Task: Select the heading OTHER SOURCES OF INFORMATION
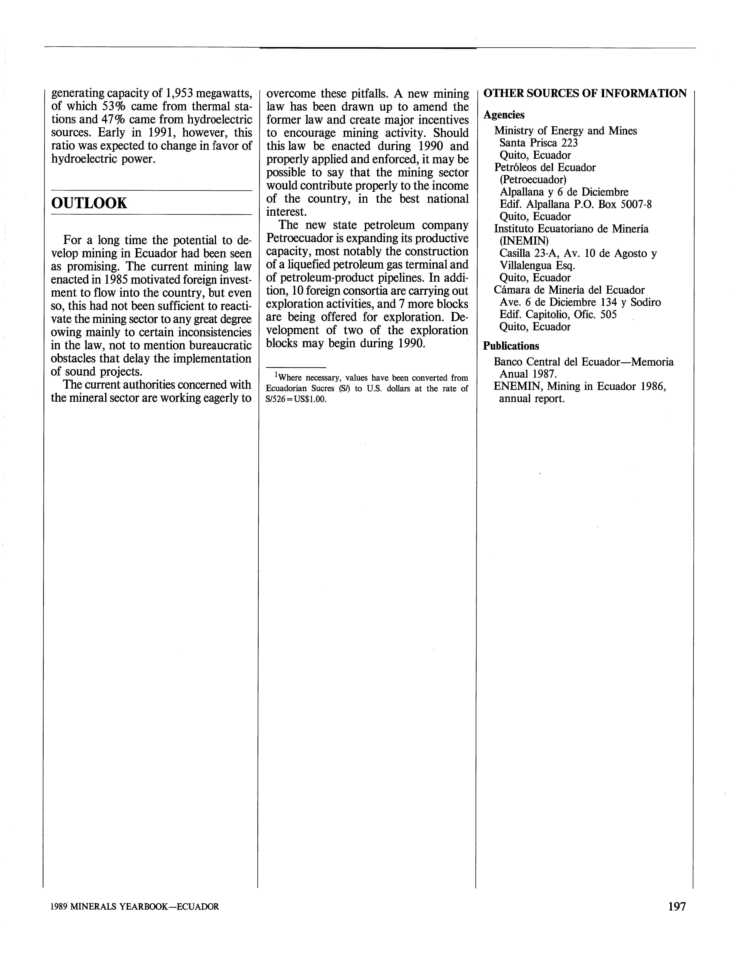tap(585, 93)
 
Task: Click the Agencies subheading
tap(504, 115)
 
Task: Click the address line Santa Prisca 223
tap(538, 143)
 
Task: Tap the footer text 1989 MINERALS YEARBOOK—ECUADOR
tap(135, 907)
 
